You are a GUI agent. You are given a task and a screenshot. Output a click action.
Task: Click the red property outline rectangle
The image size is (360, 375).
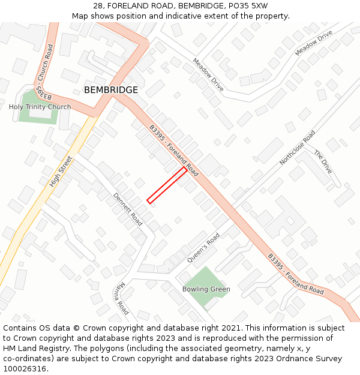pos(167,185)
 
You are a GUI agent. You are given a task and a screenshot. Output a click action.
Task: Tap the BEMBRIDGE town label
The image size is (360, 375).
pos(111,90)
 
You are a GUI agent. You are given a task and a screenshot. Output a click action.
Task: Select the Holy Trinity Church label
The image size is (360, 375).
pos(40,107)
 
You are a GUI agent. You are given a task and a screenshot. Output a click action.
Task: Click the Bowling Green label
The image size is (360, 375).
pos(206,289)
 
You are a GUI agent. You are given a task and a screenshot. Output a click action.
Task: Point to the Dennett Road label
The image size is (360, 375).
pos(128,209)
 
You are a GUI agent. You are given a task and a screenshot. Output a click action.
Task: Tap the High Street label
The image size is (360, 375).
pos(61,171)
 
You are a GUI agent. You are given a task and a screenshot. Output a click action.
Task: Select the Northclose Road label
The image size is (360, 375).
pos(297,148)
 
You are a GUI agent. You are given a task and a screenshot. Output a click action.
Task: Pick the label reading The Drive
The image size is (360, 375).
pos(323,162)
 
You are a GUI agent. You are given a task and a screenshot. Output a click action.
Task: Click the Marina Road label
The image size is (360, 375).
pos(121,298)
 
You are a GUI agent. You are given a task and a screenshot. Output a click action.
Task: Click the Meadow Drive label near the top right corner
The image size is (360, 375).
pos(313,44)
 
